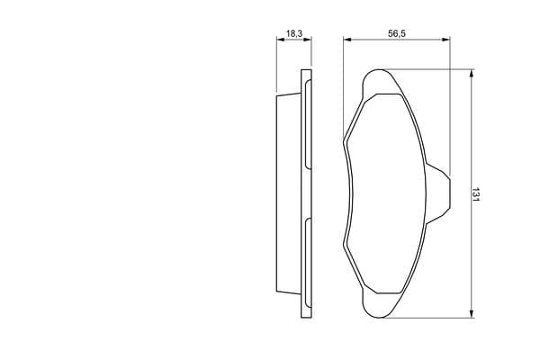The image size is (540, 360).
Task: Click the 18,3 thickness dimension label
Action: pyautogui.click(x=294, y=33)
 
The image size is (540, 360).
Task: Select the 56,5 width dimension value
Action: pyautogui.click(x=397, y=33)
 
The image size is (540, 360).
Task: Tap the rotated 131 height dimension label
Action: pyautogui.click(x=475, y=194)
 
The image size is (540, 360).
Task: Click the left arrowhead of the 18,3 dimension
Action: pyautogui.click(x=281, y=40)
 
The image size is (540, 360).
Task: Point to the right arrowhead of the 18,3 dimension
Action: pyautogui.click(x=308, y=40)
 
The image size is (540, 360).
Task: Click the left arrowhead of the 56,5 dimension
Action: pyautogui.click(x=347, y=40)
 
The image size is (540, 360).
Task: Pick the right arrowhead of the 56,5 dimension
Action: pyautogui.click(x=446, y=40)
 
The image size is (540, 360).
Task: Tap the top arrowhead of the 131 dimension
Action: pyautogui.click(x=472, y=74)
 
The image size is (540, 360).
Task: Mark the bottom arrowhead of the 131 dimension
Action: pyautogui.click(x=472, y=313)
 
